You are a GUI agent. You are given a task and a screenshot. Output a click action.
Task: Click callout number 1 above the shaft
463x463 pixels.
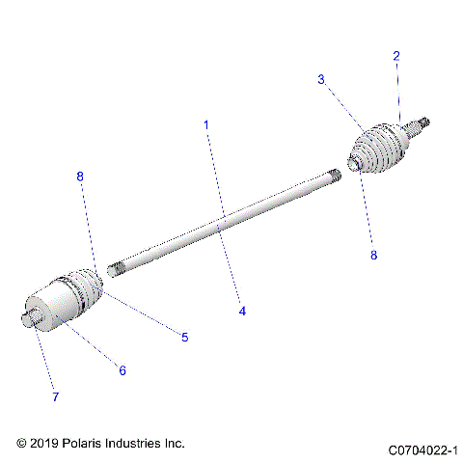(x=205, y=125)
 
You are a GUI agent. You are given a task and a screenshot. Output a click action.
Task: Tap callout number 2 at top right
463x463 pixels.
(x=395, y=57)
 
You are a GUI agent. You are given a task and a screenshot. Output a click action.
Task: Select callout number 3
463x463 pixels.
(x=321, y=80)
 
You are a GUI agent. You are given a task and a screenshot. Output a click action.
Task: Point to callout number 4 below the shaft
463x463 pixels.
(x=242, y=312)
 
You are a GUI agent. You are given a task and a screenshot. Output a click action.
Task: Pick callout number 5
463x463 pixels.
(x=184, y=338)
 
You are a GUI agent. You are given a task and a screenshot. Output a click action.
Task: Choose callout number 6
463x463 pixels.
(x=123, y=369)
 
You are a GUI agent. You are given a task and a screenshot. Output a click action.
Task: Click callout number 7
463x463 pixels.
(x=55, y=396)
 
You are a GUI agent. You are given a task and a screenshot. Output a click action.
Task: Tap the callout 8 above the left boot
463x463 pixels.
(x=80, y=177)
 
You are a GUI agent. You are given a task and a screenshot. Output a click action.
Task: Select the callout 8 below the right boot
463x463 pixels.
(x=374, y=256)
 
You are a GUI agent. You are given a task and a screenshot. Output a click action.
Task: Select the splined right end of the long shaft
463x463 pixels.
(x=335, y=177)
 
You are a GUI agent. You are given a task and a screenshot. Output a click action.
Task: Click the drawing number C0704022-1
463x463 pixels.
(x=423, y=449)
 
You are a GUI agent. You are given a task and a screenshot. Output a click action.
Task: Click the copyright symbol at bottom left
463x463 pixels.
(x=22, y=443)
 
